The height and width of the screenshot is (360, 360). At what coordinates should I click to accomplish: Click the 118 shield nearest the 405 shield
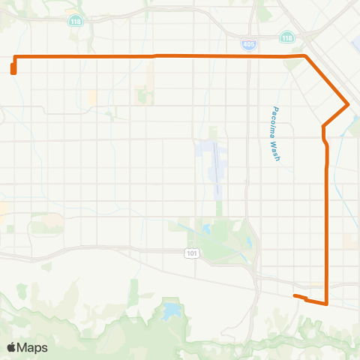click(287, 37)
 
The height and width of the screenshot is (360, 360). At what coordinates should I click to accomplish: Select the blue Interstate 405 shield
click(249, 45)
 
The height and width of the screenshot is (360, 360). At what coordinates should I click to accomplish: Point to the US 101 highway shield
click(193, 253)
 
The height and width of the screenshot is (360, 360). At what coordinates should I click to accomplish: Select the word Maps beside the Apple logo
click(34, 347)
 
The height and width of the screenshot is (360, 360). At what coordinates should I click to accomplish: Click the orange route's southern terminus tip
click(294, 297)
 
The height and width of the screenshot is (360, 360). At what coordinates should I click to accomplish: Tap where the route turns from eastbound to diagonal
click(304, 55)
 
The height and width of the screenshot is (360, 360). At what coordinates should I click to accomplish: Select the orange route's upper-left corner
click(16, 57)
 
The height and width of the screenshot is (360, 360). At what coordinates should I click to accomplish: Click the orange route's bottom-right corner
click(327, 303)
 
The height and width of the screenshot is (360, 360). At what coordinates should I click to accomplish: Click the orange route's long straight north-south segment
click(326, 225)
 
